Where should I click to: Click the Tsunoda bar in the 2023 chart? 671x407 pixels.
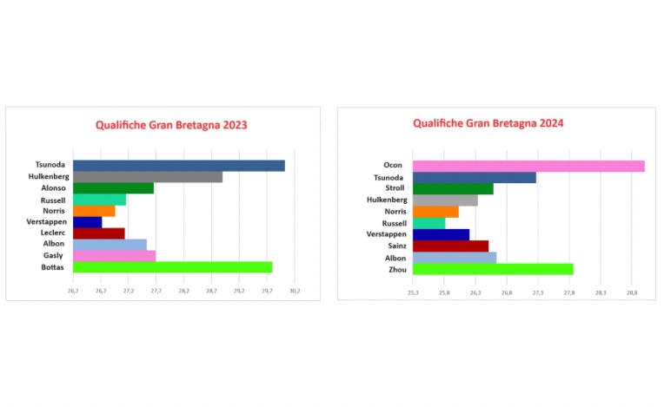point(178,166)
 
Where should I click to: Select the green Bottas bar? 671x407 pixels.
point(172,267)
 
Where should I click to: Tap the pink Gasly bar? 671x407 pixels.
point(114,256)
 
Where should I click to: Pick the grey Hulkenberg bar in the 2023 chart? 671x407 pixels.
point(148,177)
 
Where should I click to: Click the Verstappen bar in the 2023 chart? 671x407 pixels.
point(87,222)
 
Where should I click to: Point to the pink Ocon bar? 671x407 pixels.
point(528,166)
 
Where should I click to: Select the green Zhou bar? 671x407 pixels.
point(492,269)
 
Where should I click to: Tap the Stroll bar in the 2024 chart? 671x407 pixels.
point(452,188)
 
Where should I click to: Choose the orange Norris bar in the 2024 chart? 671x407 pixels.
point(435,211)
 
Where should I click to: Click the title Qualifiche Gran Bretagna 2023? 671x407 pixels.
point(171,125)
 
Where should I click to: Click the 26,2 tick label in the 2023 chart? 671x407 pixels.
point(73,291)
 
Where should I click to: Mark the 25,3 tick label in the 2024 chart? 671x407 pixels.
point(413,293)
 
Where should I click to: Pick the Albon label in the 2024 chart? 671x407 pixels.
point(395,258)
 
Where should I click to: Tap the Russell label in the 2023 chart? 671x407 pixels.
point(53,200)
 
